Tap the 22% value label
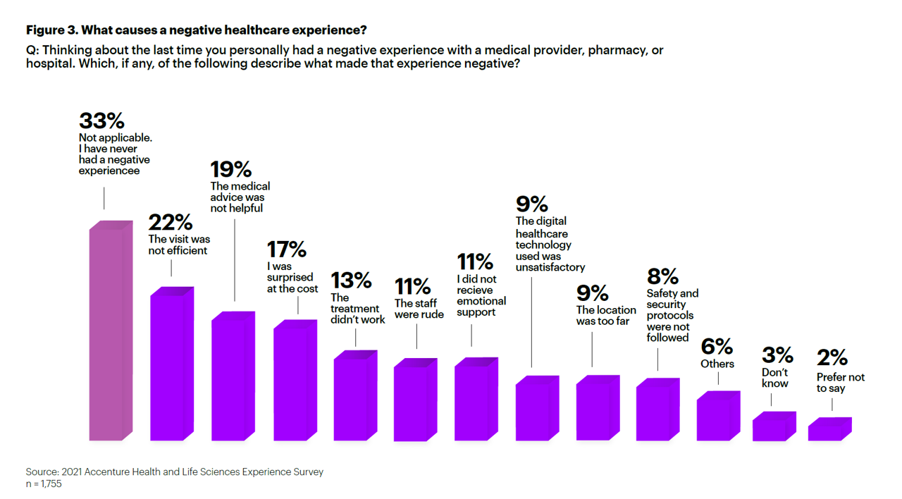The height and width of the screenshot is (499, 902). pos(170,223)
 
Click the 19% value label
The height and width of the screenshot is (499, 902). pos(231,170)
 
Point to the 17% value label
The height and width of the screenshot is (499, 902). pos(286,249)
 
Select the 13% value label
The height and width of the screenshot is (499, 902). pos(351,281)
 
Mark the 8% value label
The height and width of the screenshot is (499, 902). pos(662,276)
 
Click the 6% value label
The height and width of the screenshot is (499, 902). pos(717,347)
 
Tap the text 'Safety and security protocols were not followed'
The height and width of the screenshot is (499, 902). pos(672,316)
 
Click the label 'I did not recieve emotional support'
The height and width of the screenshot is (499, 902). pos(481,296)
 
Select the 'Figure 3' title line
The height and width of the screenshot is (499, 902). pos(196,30)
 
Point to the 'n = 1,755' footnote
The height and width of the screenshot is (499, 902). pos(44,484)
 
